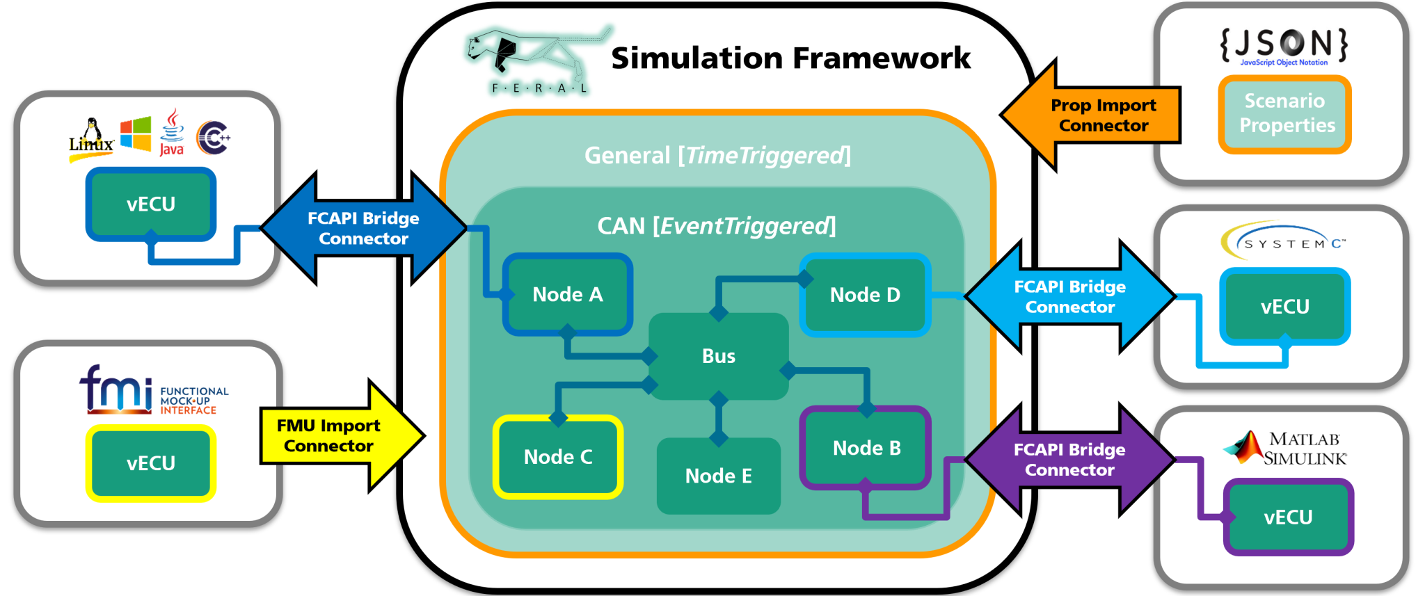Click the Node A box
click(x=567, y=294)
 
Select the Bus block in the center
click(x=718, y=356)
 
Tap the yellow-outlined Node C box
click(x=557, y=457)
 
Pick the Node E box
click(x=718, y=476)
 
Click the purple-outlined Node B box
click(x=866, y=448)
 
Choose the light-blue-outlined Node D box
click(x=865, y=295)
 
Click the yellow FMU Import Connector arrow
click(x=334, y=436)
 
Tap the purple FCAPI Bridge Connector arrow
click(x=1069, y=460)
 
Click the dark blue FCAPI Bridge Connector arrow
click(x=363, y=228)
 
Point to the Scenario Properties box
click(x=1284, y=113)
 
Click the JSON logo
click(x=1284, y=45)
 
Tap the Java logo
click(x=171, y=132)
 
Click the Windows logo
click(x=136, y=134)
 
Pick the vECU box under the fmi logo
click(x=150, y=463)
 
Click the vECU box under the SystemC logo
click(x=1284, y=307)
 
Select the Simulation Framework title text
click(x=790, y=58)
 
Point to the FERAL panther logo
click(x=532, y=59)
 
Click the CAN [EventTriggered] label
click(x=717, y=226)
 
